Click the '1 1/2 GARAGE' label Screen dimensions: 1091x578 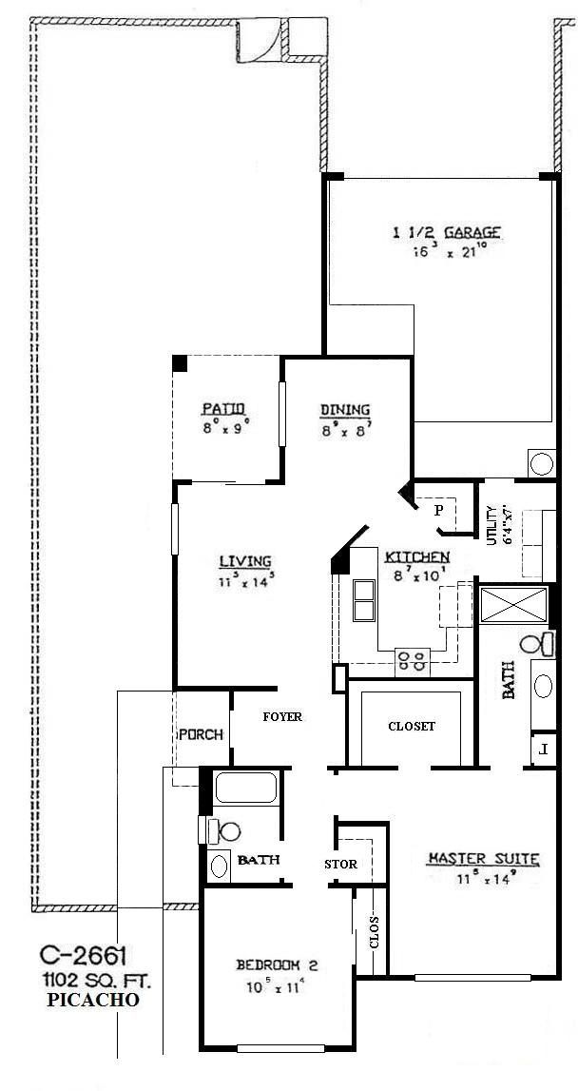[447, 232]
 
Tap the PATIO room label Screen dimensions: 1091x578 [224, 409]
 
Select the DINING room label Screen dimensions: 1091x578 [344, 410]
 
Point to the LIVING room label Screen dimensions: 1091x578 [245, 561]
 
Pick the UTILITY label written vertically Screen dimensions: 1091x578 [492, 525]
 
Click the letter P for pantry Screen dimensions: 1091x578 [438, 510]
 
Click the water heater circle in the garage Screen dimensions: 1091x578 [541, 463]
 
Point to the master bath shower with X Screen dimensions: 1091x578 [514, 605]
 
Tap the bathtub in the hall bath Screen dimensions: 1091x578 [244, 789]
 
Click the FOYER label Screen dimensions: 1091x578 [282, 716]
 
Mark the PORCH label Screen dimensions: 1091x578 [201, 734]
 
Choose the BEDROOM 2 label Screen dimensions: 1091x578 [277, 965]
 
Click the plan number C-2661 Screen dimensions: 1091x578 [84, 954]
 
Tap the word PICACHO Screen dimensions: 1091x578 [91, 1000]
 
